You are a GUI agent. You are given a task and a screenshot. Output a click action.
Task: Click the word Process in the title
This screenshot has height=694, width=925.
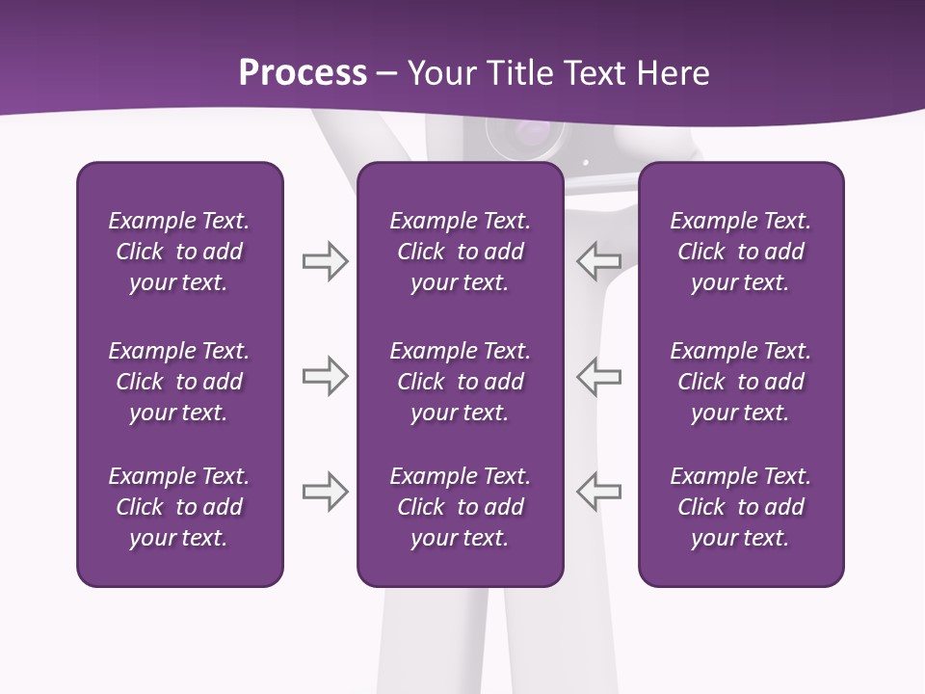pos(303,73)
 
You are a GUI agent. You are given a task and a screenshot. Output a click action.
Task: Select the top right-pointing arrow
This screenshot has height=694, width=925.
pos(325,261)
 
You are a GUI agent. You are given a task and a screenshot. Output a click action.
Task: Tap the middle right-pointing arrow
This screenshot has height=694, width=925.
pos(325,376)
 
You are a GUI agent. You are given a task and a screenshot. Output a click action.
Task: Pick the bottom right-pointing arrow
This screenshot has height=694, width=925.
pos(325,492)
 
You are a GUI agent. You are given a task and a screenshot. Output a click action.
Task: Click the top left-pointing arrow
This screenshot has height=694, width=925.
pos(599,261)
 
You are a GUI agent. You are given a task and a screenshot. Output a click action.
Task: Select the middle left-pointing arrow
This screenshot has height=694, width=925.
pos(599,376)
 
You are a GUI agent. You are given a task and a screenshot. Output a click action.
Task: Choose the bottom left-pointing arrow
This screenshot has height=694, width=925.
pos(599,492)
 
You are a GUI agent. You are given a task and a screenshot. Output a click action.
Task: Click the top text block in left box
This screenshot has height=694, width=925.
pos(179,252)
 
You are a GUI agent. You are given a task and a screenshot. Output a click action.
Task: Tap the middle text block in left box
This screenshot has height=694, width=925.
pos(179,382)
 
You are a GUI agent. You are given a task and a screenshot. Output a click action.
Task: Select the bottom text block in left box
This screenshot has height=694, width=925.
pos(179,507)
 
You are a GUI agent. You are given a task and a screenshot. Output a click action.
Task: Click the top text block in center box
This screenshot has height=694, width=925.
pos(460,252)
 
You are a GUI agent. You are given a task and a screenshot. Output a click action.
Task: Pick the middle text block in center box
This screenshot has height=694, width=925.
pos(460,382)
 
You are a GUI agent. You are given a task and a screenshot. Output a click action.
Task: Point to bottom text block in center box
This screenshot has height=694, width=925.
pos(460,507)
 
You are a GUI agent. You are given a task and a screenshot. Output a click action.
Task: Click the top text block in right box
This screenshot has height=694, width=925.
pos(740,252)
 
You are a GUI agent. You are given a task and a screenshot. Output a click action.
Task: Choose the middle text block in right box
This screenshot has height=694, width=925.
pos(740,382)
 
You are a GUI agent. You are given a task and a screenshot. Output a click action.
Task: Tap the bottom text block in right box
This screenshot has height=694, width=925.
pos(740,507)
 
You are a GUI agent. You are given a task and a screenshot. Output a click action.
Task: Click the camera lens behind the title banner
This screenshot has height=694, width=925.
pos(525,135)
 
